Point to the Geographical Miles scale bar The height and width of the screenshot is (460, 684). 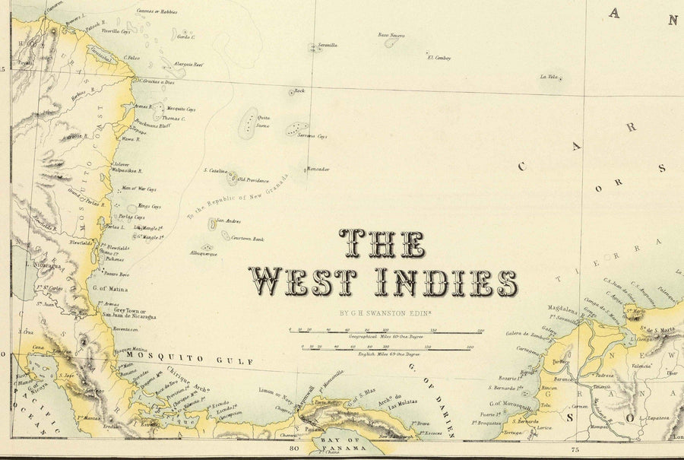(x=386, y=331)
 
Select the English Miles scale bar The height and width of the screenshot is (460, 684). (x=386, y=349)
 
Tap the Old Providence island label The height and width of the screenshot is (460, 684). (x=253, y=180)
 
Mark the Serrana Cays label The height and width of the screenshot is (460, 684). (x=312, y=137)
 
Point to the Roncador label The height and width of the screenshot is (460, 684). (x=318, y=168)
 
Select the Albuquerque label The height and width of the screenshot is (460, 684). (x=204, y=252)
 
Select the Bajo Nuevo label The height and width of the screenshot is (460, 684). (x=391, y=35)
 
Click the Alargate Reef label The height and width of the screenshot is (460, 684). (x=188, y=65)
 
